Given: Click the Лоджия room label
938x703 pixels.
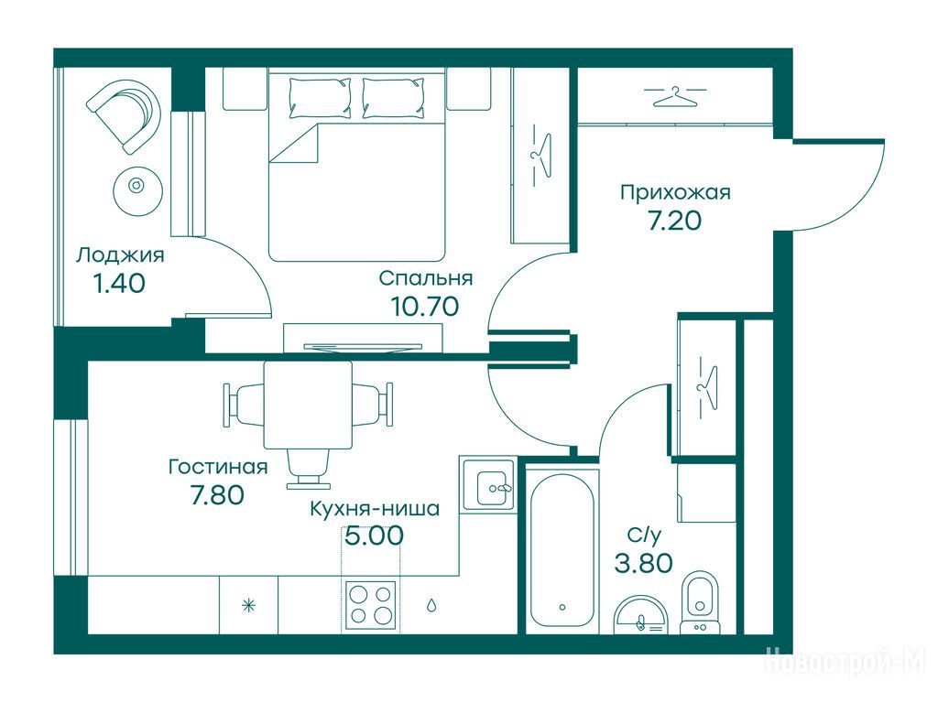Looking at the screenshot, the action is coord(120,255).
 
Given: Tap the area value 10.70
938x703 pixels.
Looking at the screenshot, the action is coord(425,306).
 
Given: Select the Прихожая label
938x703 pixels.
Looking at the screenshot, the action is coord(675,192).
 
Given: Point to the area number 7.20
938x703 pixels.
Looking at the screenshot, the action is coord(675,221).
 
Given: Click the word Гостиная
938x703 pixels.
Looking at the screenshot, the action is coord(218,466).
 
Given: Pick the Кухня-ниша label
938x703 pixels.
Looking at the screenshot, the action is coord(375,509).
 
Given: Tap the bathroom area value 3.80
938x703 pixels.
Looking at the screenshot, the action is coord(644,563).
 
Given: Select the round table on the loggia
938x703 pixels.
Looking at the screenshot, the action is coord(137,190).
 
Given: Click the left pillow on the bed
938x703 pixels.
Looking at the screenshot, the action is coord(320,97).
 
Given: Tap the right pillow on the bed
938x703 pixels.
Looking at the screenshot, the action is coord(394,97).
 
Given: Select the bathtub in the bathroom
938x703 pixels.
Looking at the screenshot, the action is coord(562,550).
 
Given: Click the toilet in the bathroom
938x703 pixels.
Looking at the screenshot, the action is coord(701,602).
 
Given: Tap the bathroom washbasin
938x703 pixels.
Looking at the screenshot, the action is coord(641,614).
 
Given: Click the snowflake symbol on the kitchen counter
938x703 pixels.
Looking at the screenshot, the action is coord(248,606).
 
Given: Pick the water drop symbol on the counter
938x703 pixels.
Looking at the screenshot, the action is coord(431,606).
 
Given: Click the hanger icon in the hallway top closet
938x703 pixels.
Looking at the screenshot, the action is coord(675,96).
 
